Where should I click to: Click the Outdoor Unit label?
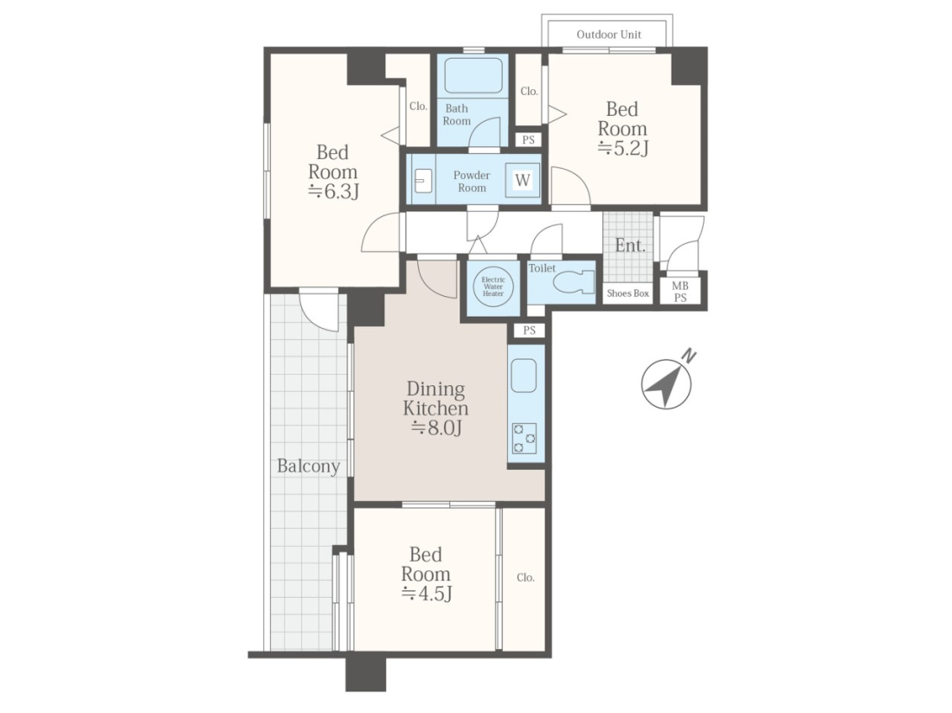[608, 35]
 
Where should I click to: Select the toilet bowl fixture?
[575, 281]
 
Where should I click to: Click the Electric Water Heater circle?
[493, 286]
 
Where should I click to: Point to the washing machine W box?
[523, 180]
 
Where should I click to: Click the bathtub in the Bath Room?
[473, 75]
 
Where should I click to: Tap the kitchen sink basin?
[524, 376]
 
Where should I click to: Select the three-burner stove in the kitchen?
[524, 438]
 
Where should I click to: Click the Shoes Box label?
[627, 293]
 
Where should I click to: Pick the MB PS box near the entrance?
[680, 292]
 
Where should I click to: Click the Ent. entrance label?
[629, 246]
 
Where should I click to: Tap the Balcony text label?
[308, 466]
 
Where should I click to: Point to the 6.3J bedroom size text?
[333, 191]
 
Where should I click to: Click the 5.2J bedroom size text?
[623, 147]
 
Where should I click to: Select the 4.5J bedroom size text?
[426, 593]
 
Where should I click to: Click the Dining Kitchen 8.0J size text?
[436, 427]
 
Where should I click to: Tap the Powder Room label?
[472, 182]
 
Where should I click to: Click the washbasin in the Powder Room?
[423, 181]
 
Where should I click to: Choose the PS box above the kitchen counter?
[530, 330]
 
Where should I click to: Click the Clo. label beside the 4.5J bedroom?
[526, 578]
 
